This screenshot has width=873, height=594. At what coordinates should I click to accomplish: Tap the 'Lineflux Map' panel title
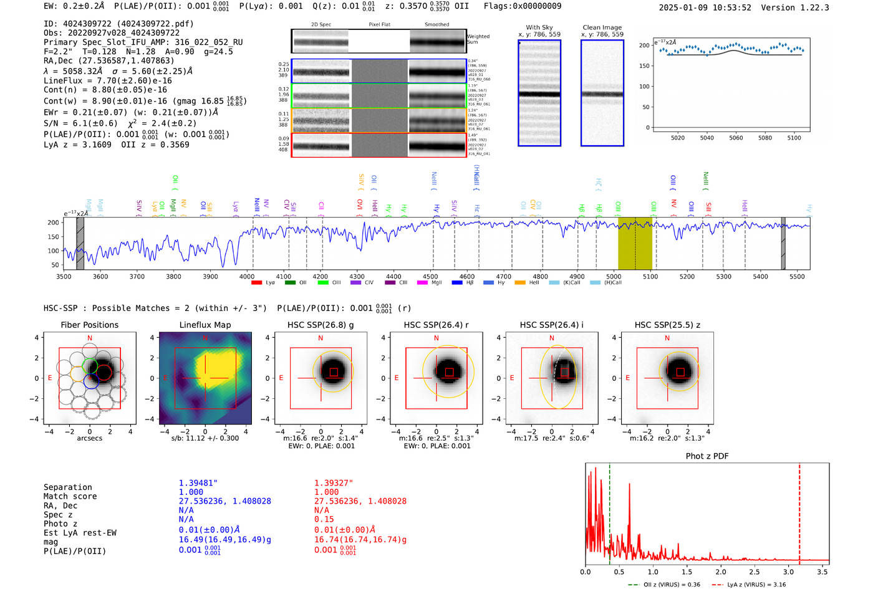tap(205, 325)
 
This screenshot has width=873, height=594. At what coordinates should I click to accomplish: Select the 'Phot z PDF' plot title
tap(707, 456)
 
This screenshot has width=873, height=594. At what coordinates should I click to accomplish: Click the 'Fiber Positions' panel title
tap(89, 325)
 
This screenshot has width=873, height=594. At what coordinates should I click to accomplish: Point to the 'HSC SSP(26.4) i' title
tap(551, 325)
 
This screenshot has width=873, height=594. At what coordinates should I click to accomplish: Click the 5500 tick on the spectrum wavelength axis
tap(797, 276)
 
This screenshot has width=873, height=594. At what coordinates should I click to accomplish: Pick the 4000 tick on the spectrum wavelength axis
tap(247, 276)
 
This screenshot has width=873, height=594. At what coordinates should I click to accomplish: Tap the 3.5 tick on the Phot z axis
tap(822, 572)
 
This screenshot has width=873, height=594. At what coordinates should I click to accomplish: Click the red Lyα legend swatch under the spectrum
tap(256, 283)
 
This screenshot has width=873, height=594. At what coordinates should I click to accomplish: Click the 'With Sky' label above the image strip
tap(539, 27)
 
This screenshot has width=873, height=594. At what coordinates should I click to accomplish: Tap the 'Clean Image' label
tap(602, 27)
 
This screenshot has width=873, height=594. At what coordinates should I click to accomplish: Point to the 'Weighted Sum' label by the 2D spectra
tap(478, 39)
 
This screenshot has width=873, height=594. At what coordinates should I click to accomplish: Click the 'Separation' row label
tap(67, 487)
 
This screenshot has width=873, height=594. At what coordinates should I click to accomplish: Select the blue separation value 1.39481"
tap(198, 483)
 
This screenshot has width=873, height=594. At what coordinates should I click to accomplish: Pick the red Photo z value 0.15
tap(324, 519)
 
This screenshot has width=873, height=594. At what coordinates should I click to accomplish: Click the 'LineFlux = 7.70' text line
tap(107, 80)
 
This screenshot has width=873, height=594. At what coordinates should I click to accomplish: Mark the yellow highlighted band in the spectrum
tap(635, 244)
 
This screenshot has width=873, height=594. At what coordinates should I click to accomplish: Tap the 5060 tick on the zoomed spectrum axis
tap(736, 138)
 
